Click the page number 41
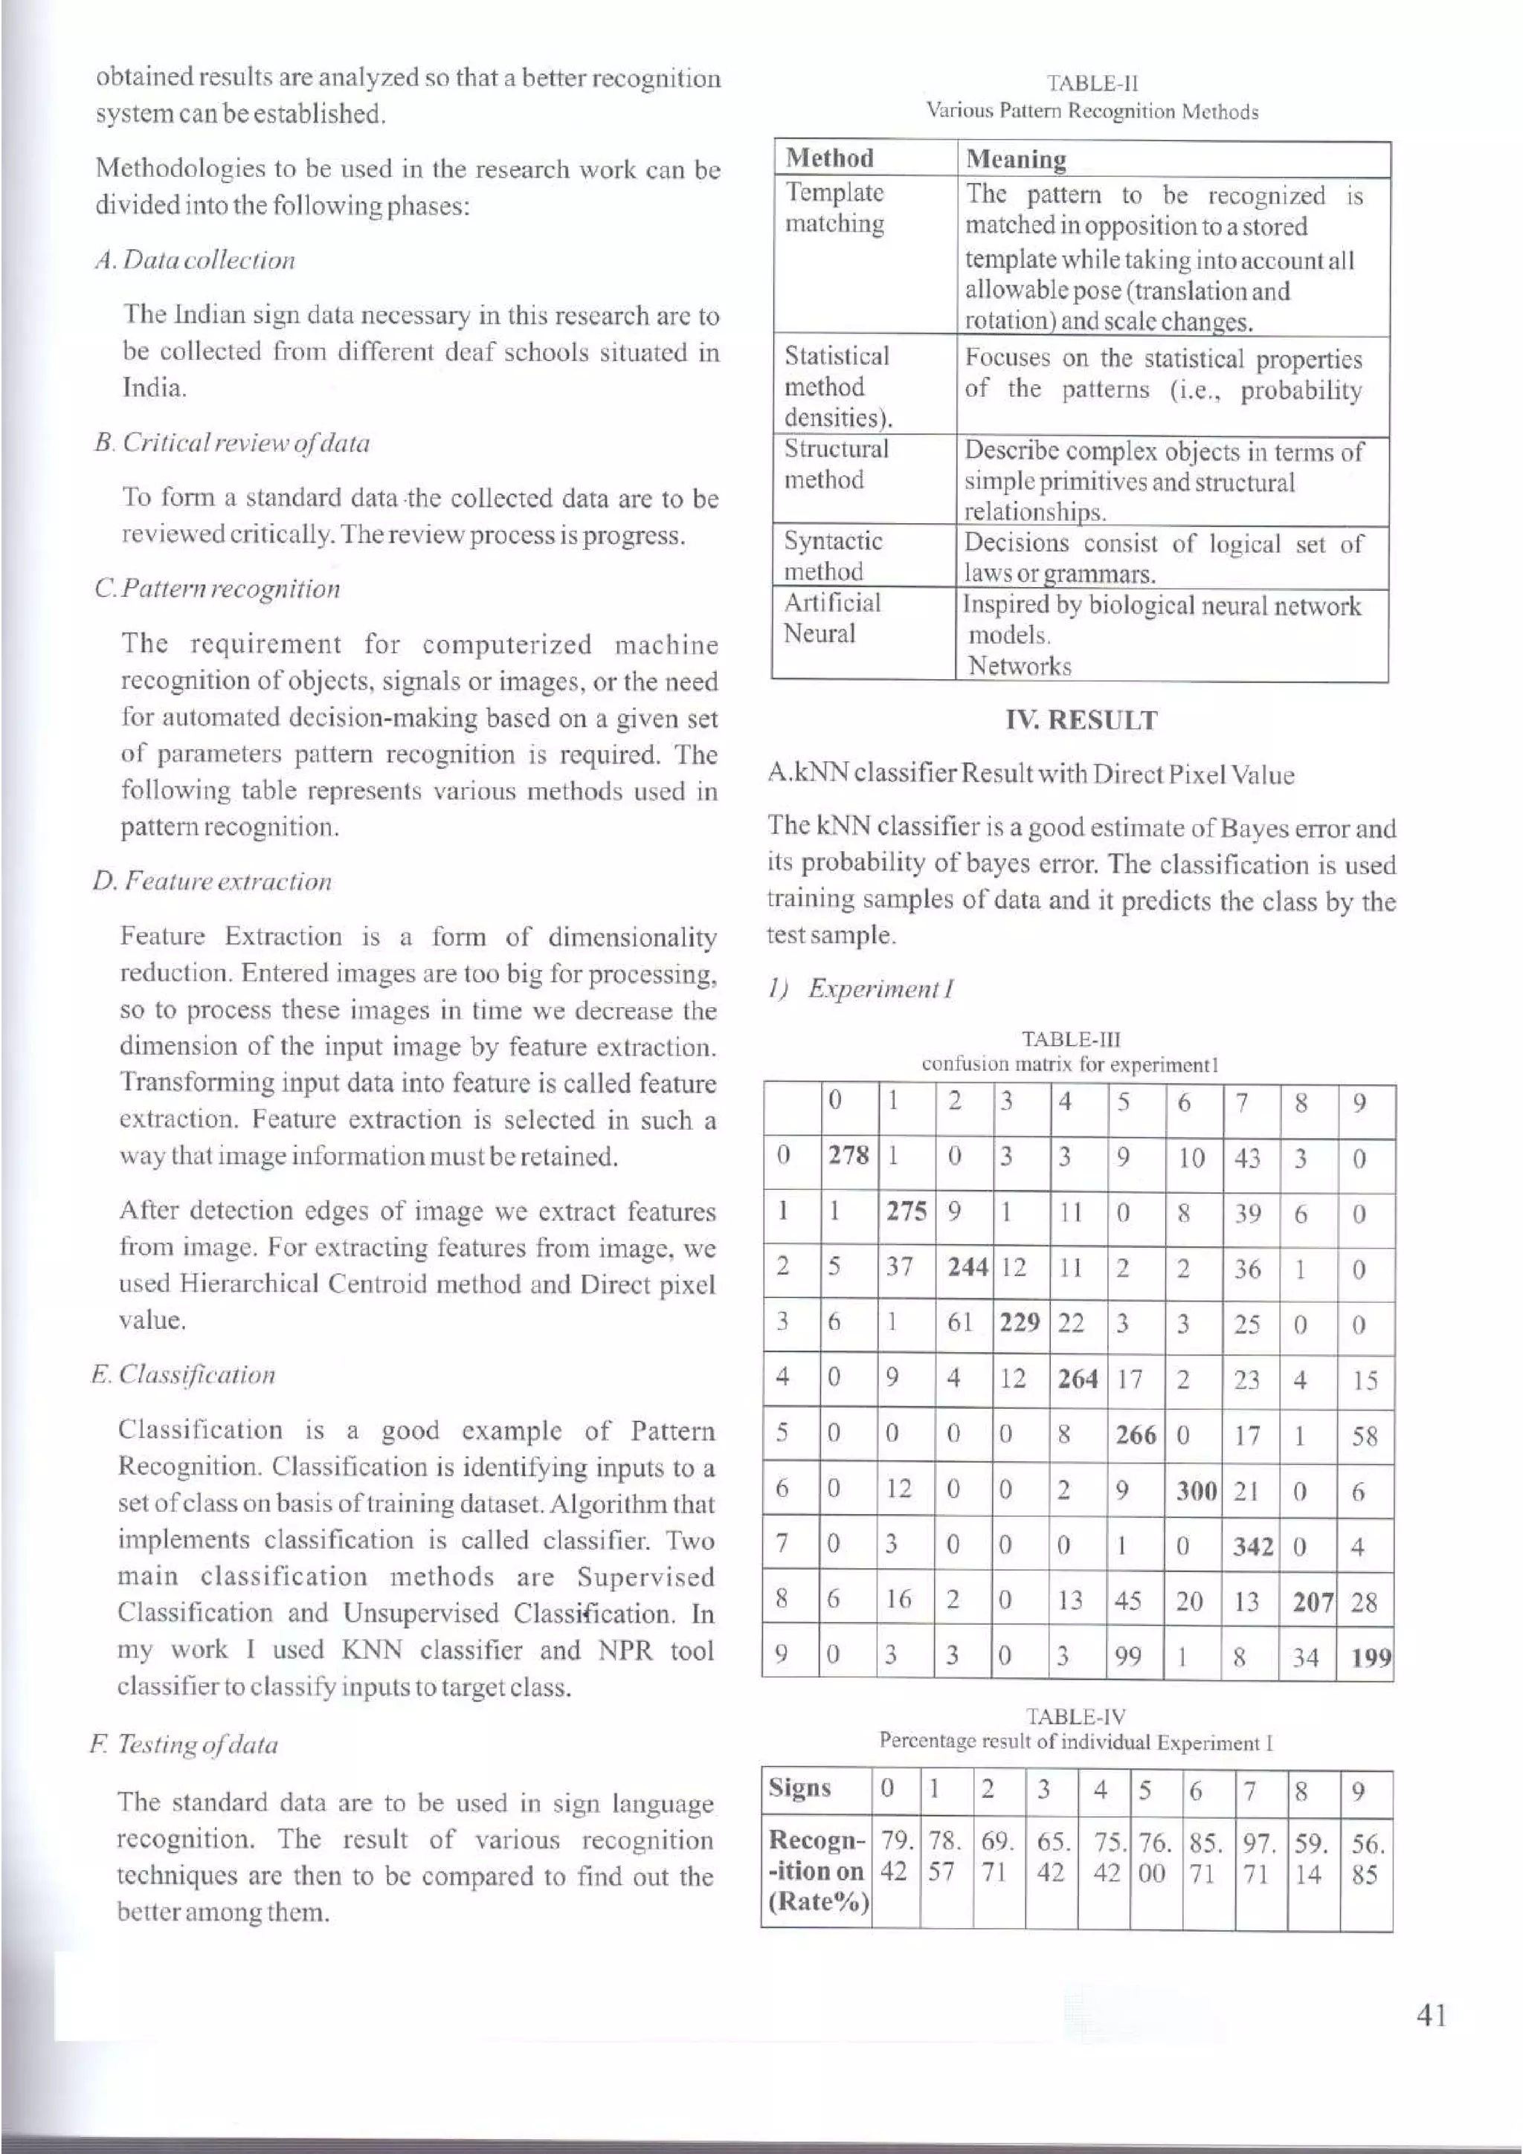[x=1432, y=2014]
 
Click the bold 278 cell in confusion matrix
[x=849, y=1156]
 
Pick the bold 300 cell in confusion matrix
[x=1196, y=1492]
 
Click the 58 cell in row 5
[x=1365, y=1436]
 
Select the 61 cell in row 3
[x=959, y=1323]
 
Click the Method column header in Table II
[x=829, y=158]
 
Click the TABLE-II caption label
[x=1092, y=83]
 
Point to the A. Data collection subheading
[x=195, y=260]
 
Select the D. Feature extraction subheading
[x=212, y=882]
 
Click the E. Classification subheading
[x=184, y=1374]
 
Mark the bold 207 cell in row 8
[x=1312, y=1602]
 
